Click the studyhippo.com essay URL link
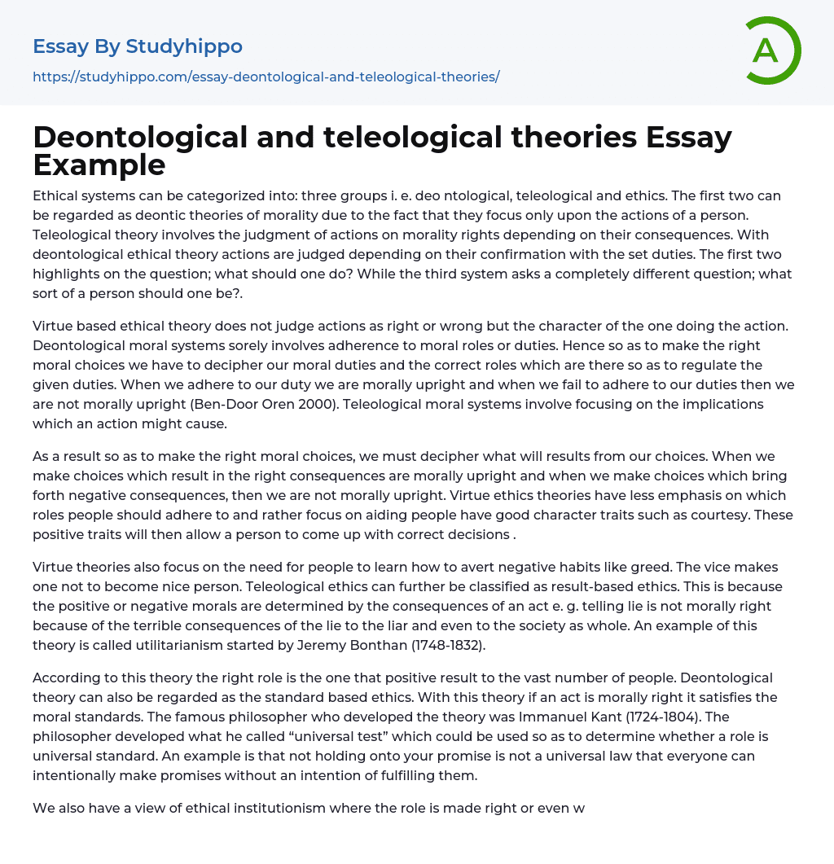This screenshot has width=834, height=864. click(x=266, y=77)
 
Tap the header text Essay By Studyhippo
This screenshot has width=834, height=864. click(x=138, y=46)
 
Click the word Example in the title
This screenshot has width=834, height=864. click(x=99, y=164)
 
